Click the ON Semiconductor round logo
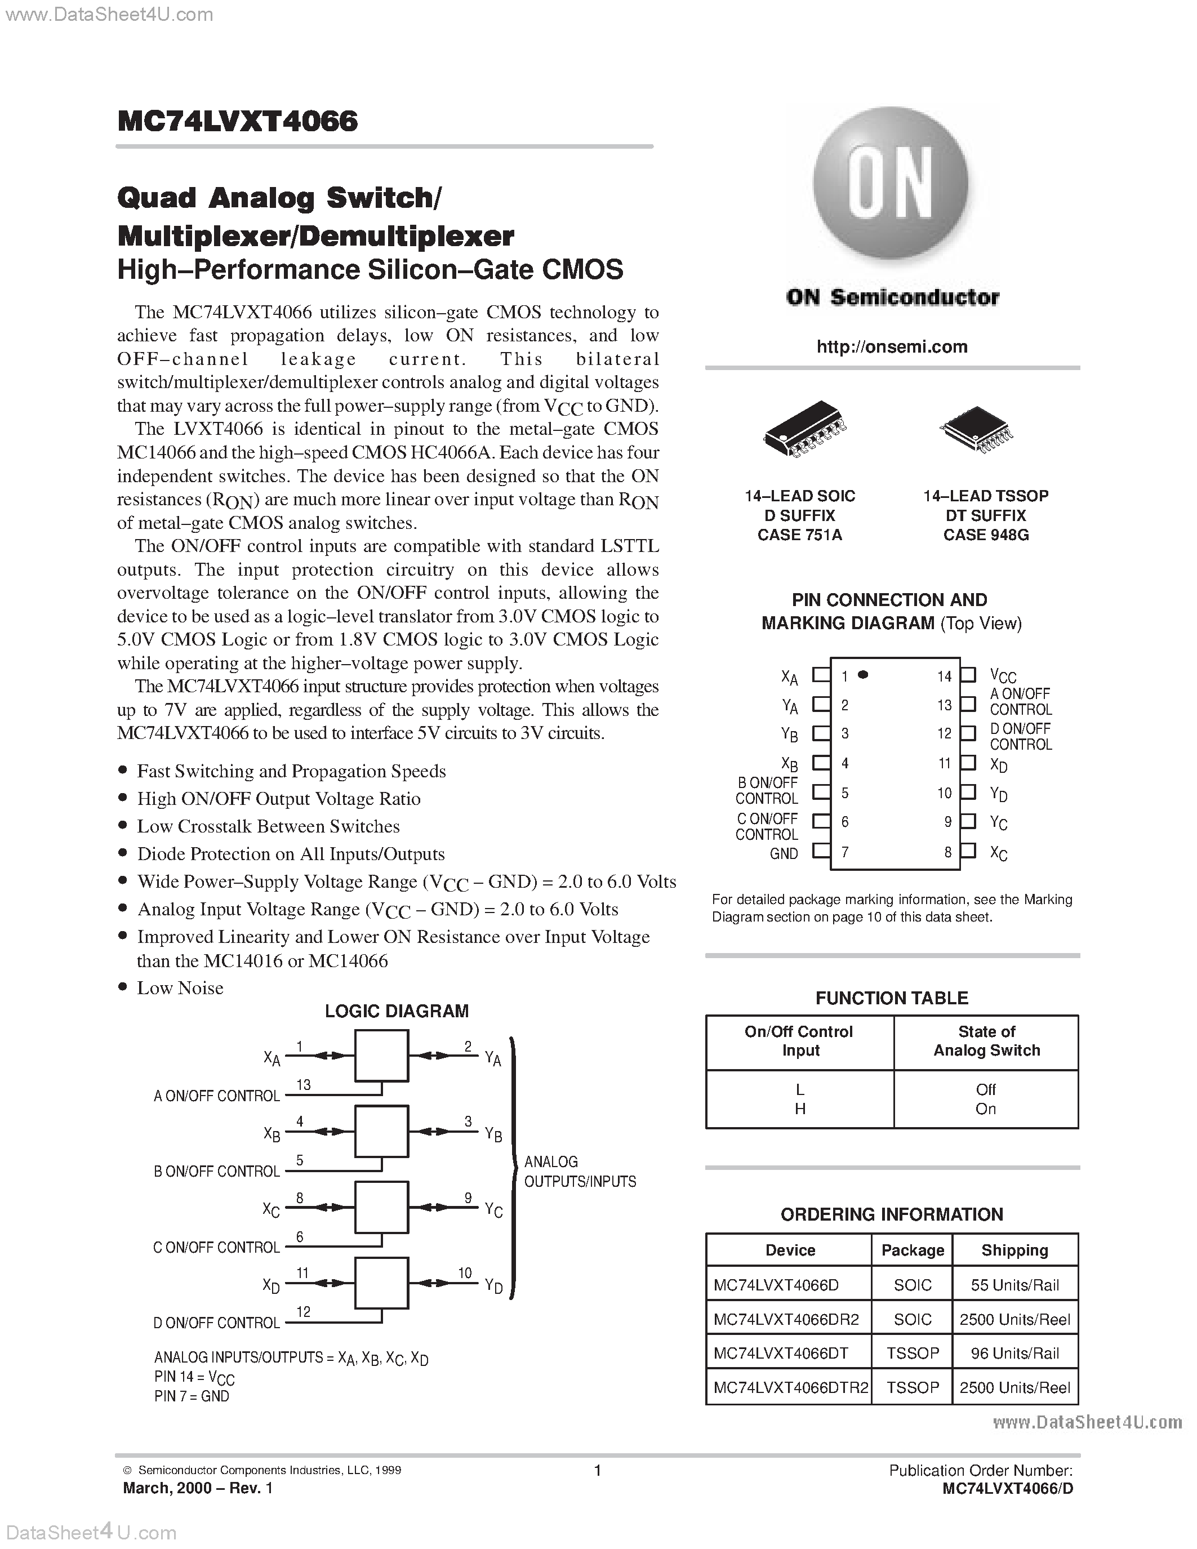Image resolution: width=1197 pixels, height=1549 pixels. [891, 183]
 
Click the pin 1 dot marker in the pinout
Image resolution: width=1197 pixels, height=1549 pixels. [863, 674]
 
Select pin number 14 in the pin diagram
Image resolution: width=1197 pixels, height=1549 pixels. [944, 676]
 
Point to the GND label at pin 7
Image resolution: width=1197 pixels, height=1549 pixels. [784, 854]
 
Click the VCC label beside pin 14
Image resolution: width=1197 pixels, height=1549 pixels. [1003, 676]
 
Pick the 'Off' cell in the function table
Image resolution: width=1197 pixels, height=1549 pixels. [986, 1089]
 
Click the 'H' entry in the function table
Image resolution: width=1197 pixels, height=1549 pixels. [800, 1109]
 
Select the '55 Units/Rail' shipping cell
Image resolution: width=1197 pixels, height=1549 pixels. [1014, 1285]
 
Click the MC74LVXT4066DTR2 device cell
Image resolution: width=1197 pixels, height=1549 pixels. [790, 1387]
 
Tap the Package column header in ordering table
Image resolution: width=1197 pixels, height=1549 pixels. [912, 1250]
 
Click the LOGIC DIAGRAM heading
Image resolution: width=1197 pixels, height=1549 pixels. [397, 1011]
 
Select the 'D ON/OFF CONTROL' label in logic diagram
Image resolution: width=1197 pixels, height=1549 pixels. [216, 1323]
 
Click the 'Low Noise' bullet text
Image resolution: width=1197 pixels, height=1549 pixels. [180, 988]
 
